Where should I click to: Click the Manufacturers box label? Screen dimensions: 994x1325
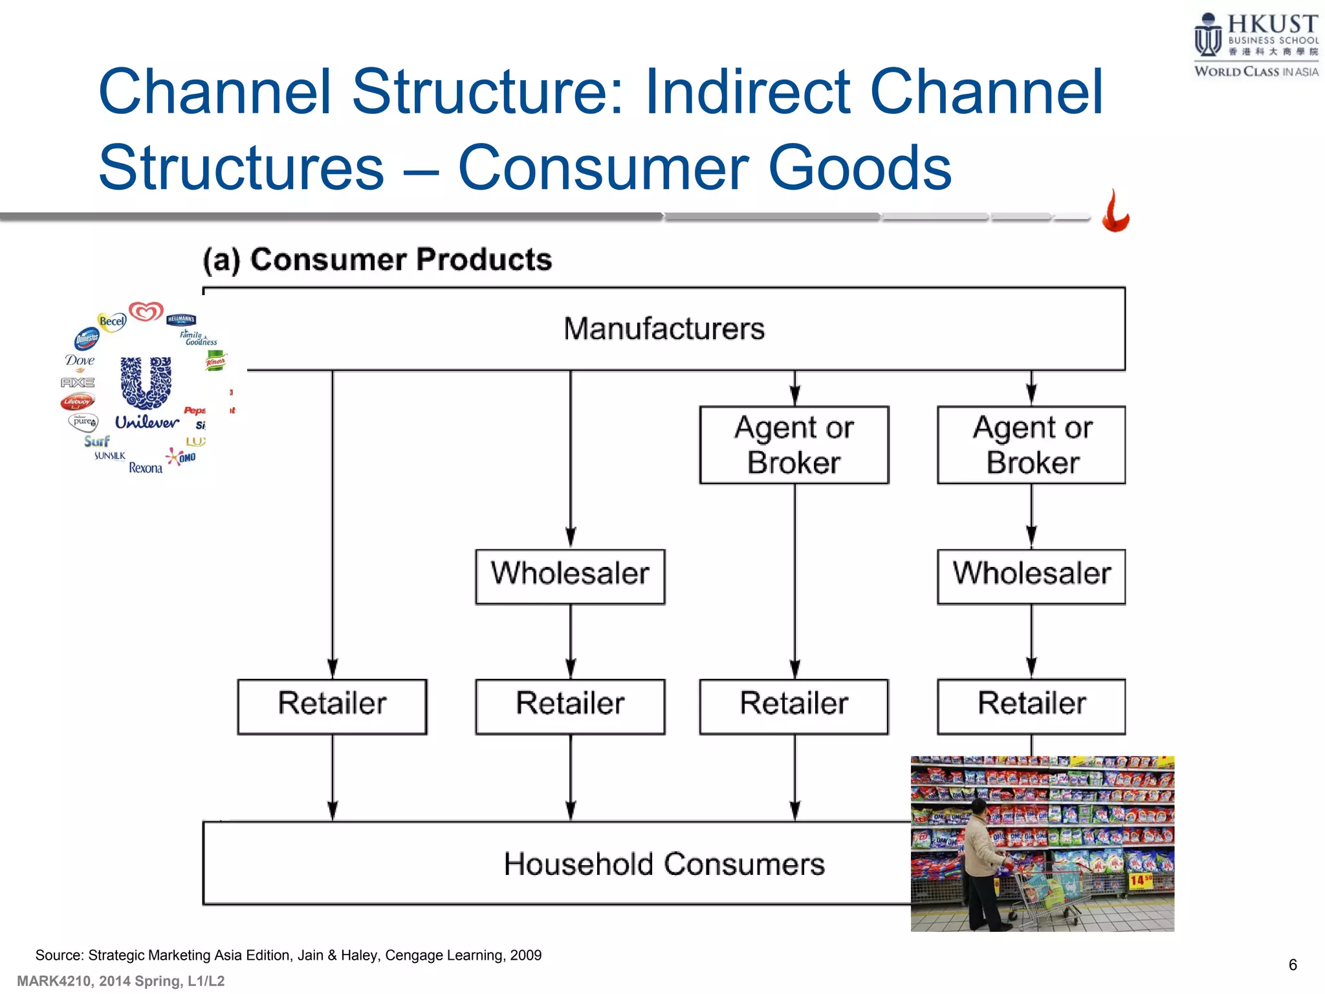click(664, 329)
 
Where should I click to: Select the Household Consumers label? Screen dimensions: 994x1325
click(664, 864)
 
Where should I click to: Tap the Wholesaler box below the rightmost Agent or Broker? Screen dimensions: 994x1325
click(1031, 576)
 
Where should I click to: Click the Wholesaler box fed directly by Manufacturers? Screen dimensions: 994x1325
click(570, 576)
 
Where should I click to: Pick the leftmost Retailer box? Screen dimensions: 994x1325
click(332, 705)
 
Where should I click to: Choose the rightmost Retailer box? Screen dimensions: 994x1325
click(1031, 705)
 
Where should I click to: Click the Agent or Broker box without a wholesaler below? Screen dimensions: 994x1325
click(794, 445)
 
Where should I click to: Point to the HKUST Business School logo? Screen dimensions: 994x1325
click(1255, 44)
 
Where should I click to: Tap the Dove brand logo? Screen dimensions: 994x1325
click(80, 360)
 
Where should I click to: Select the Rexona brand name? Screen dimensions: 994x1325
click(146, 468)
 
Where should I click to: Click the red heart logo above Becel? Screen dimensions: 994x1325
click(146, 311)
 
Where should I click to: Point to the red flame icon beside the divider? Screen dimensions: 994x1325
click(1116, 212)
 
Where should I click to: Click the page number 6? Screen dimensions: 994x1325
click(1292, 965)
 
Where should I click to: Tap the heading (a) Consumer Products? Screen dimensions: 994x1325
click(377, 260)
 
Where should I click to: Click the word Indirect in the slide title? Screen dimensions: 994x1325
click(748, 92)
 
